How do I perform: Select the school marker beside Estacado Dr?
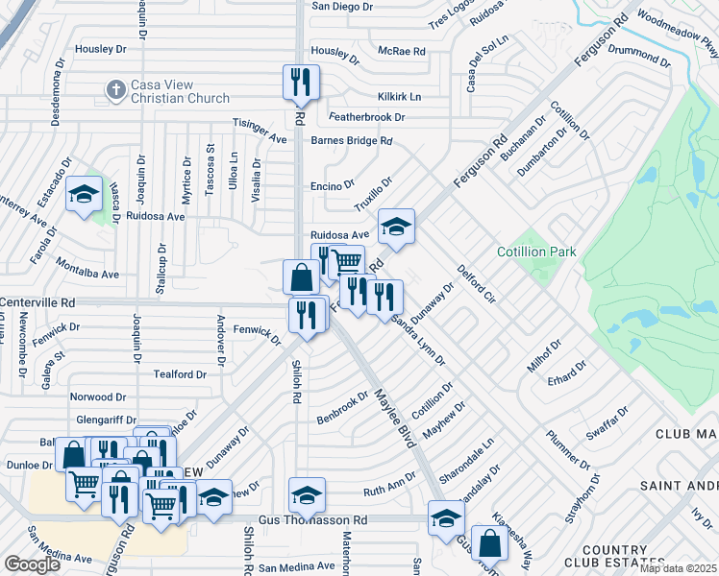pos(84,195)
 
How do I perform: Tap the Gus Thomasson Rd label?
pos(312,520)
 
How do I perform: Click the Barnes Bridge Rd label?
pos(352,140)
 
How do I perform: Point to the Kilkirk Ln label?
pos(400,97)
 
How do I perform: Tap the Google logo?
pos(33,564)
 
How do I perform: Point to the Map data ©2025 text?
pos(679,568)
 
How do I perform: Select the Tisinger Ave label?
pos(260,131)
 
